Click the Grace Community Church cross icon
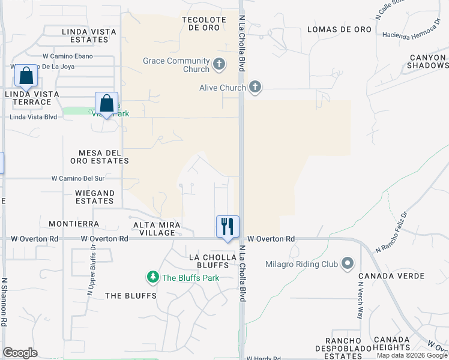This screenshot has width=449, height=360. (219, 63)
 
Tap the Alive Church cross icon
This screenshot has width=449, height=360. (255, 88)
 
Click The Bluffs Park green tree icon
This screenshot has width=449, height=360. (153, 277)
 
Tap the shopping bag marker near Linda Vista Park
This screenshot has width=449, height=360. (106, 104)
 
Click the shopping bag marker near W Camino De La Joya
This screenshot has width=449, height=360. (26, 76)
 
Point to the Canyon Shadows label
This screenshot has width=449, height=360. (429, 61)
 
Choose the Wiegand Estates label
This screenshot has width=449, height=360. (95, 197)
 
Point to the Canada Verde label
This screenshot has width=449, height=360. (391, 276)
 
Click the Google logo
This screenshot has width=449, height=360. (20, 353)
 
